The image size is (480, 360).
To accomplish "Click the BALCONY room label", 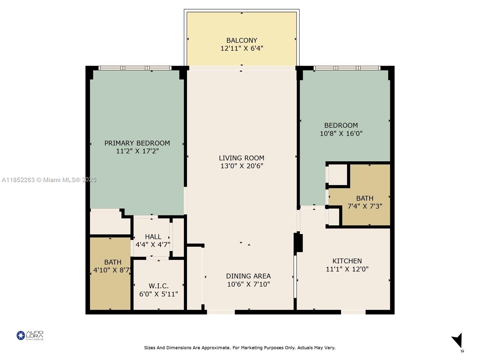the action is pyautogui.click(x=241, y=40).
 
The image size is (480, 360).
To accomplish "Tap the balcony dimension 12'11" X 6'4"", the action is pyautogui.click(x=241, y=48).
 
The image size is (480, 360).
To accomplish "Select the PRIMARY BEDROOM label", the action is pyautogui.click(x=137, y=143).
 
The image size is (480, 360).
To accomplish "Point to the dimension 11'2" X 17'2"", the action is pyautogui.click(x=137, y=151).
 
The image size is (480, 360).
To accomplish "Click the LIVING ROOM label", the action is pyautogui.click(x=241, y=158).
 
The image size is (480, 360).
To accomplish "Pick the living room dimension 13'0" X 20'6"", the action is pyautogui.click(x=241, y=166).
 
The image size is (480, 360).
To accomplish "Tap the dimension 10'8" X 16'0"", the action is pyautogui.click(x=341, y=133).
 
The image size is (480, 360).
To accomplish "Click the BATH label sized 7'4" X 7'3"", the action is pyautogui.click(x=364, y=198).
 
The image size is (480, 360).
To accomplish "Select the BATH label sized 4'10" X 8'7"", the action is pyautogui.click(x=112, y=262).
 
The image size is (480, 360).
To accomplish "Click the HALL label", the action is pyautogui.click(x=153, y=237).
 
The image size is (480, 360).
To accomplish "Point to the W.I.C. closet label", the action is pyautogui.click(x=158, y=286).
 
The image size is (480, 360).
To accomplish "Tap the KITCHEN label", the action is pyautogui.click(x=347, y=261).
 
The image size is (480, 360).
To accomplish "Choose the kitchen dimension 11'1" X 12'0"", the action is pyautogui.click(x=347, y=269).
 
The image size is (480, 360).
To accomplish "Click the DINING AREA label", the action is pyautogui.click(x=248, y=276).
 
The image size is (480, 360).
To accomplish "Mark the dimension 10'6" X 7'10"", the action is pyautogui.click(x=248, y=284).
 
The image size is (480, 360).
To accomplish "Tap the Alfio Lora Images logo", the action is pyautogui.click(x=30, y=335).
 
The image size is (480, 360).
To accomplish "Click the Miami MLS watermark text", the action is pyautogui.click(x=49, y=180).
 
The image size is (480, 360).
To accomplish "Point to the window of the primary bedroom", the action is pyautogui.click(x=135, y=68).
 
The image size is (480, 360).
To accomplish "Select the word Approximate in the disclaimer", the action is pyautogui.click(x=216, y=347).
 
